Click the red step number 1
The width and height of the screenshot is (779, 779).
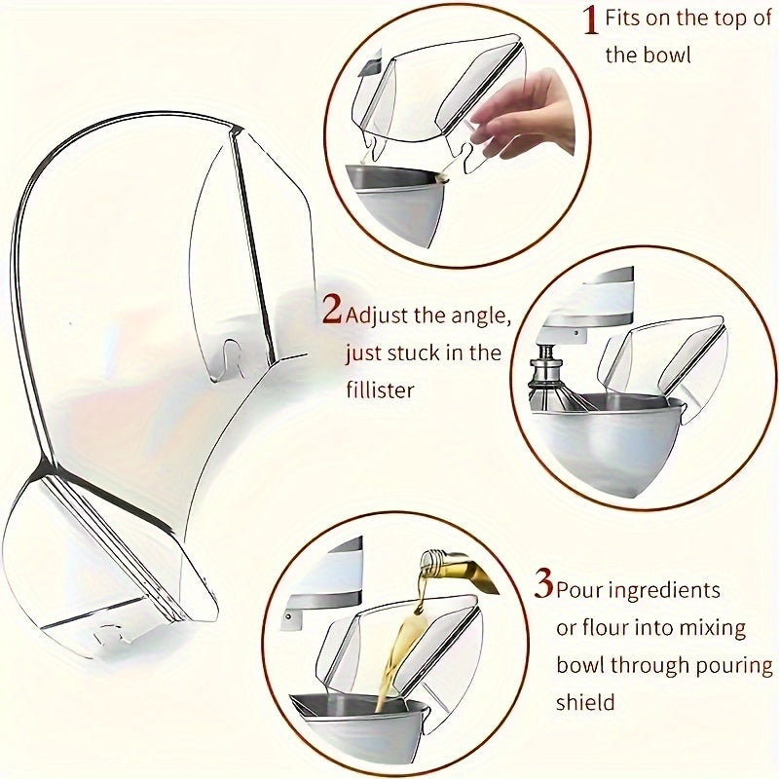[590, 20]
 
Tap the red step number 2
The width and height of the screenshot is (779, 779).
[332, 312]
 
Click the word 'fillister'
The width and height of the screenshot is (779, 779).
[380, 389]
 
